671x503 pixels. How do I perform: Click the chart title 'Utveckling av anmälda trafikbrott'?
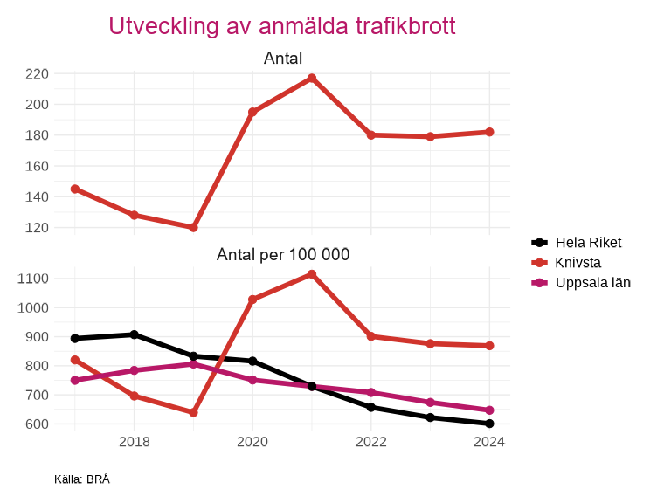pos(282,26)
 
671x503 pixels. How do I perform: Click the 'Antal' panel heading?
pos(282,59)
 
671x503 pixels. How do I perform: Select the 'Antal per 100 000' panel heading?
pos(282,255)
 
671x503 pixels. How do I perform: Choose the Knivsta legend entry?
pos(578,263)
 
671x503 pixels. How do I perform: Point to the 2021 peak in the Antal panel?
pos(312,79)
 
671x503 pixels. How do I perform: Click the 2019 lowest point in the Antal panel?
pos(193,227)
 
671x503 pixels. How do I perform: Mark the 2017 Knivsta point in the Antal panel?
pos(75,189)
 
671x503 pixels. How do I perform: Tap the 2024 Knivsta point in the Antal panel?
pos(489,132)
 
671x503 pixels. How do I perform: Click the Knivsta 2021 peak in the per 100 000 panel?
pos(312,274)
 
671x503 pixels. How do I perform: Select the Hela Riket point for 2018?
pos(134,334)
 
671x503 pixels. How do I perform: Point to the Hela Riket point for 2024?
pos(489,424)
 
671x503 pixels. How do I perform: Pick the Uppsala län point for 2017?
pos(75,381)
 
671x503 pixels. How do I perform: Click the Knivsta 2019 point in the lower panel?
pos(193,412)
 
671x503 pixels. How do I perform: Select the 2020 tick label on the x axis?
pos(252,442)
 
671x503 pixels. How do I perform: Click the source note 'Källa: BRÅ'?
pos(81,479)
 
